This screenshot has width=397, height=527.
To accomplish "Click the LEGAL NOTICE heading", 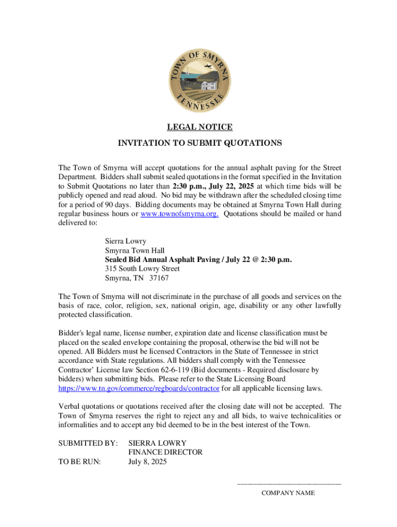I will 198,127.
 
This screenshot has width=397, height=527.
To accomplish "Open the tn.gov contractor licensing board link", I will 139,388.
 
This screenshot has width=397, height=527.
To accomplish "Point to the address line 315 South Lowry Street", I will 142,269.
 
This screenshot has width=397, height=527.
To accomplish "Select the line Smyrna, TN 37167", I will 137,278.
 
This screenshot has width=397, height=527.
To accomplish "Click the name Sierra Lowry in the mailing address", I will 126,241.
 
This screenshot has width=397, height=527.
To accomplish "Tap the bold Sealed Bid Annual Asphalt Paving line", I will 198,259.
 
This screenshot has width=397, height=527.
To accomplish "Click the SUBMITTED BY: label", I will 88,443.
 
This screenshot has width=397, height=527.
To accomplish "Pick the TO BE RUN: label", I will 80,462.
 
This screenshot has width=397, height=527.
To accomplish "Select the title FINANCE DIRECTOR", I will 165,452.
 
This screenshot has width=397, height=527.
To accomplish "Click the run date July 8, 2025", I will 147,462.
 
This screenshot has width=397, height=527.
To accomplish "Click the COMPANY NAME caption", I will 288,493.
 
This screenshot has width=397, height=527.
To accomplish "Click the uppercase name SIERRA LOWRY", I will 157,443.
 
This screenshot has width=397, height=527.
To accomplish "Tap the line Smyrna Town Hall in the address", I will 135,250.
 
